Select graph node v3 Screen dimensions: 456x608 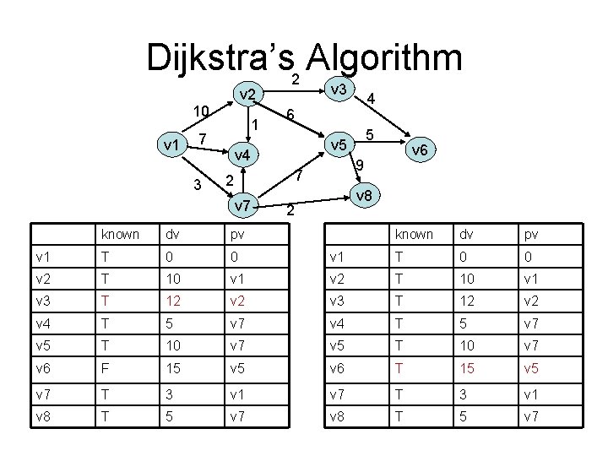point(340,90)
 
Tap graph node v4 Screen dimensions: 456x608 point(242,155)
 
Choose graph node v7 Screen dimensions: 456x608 point(242,204)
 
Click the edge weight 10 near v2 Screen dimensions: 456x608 point(200,111)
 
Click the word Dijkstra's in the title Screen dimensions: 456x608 point(221,58)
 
